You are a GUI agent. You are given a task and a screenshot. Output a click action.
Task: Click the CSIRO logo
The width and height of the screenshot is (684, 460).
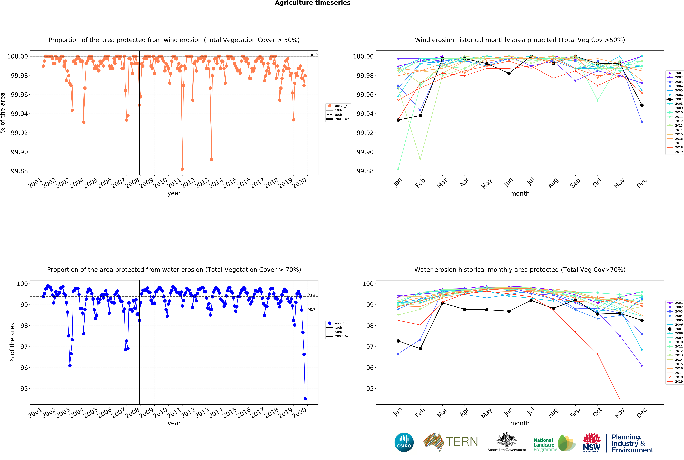(x=404, y=442)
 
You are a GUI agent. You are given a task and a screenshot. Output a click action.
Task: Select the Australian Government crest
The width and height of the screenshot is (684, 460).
(x=506, y=440)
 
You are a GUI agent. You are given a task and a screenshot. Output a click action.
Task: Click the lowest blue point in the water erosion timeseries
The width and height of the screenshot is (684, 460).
(x=305, y=399)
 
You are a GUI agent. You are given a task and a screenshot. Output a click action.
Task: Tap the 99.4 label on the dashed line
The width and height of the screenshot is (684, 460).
(x=311, y=295)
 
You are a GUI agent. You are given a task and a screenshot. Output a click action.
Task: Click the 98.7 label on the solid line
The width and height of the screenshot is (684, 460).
(x=311, y=309)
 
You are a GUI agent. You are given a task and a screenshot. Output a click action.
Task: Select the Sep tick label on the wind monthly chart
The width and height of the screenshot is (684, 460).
(x=575, y=183)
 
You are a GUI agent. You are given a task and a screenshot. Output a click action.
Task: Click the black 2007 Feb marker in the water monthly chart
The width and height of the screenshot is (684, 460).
(x=420, y=349)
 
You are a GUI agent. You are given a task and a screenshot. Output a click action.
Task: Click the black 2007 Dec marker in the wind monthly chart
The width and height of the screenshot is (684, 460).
(x=642, y=105)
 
